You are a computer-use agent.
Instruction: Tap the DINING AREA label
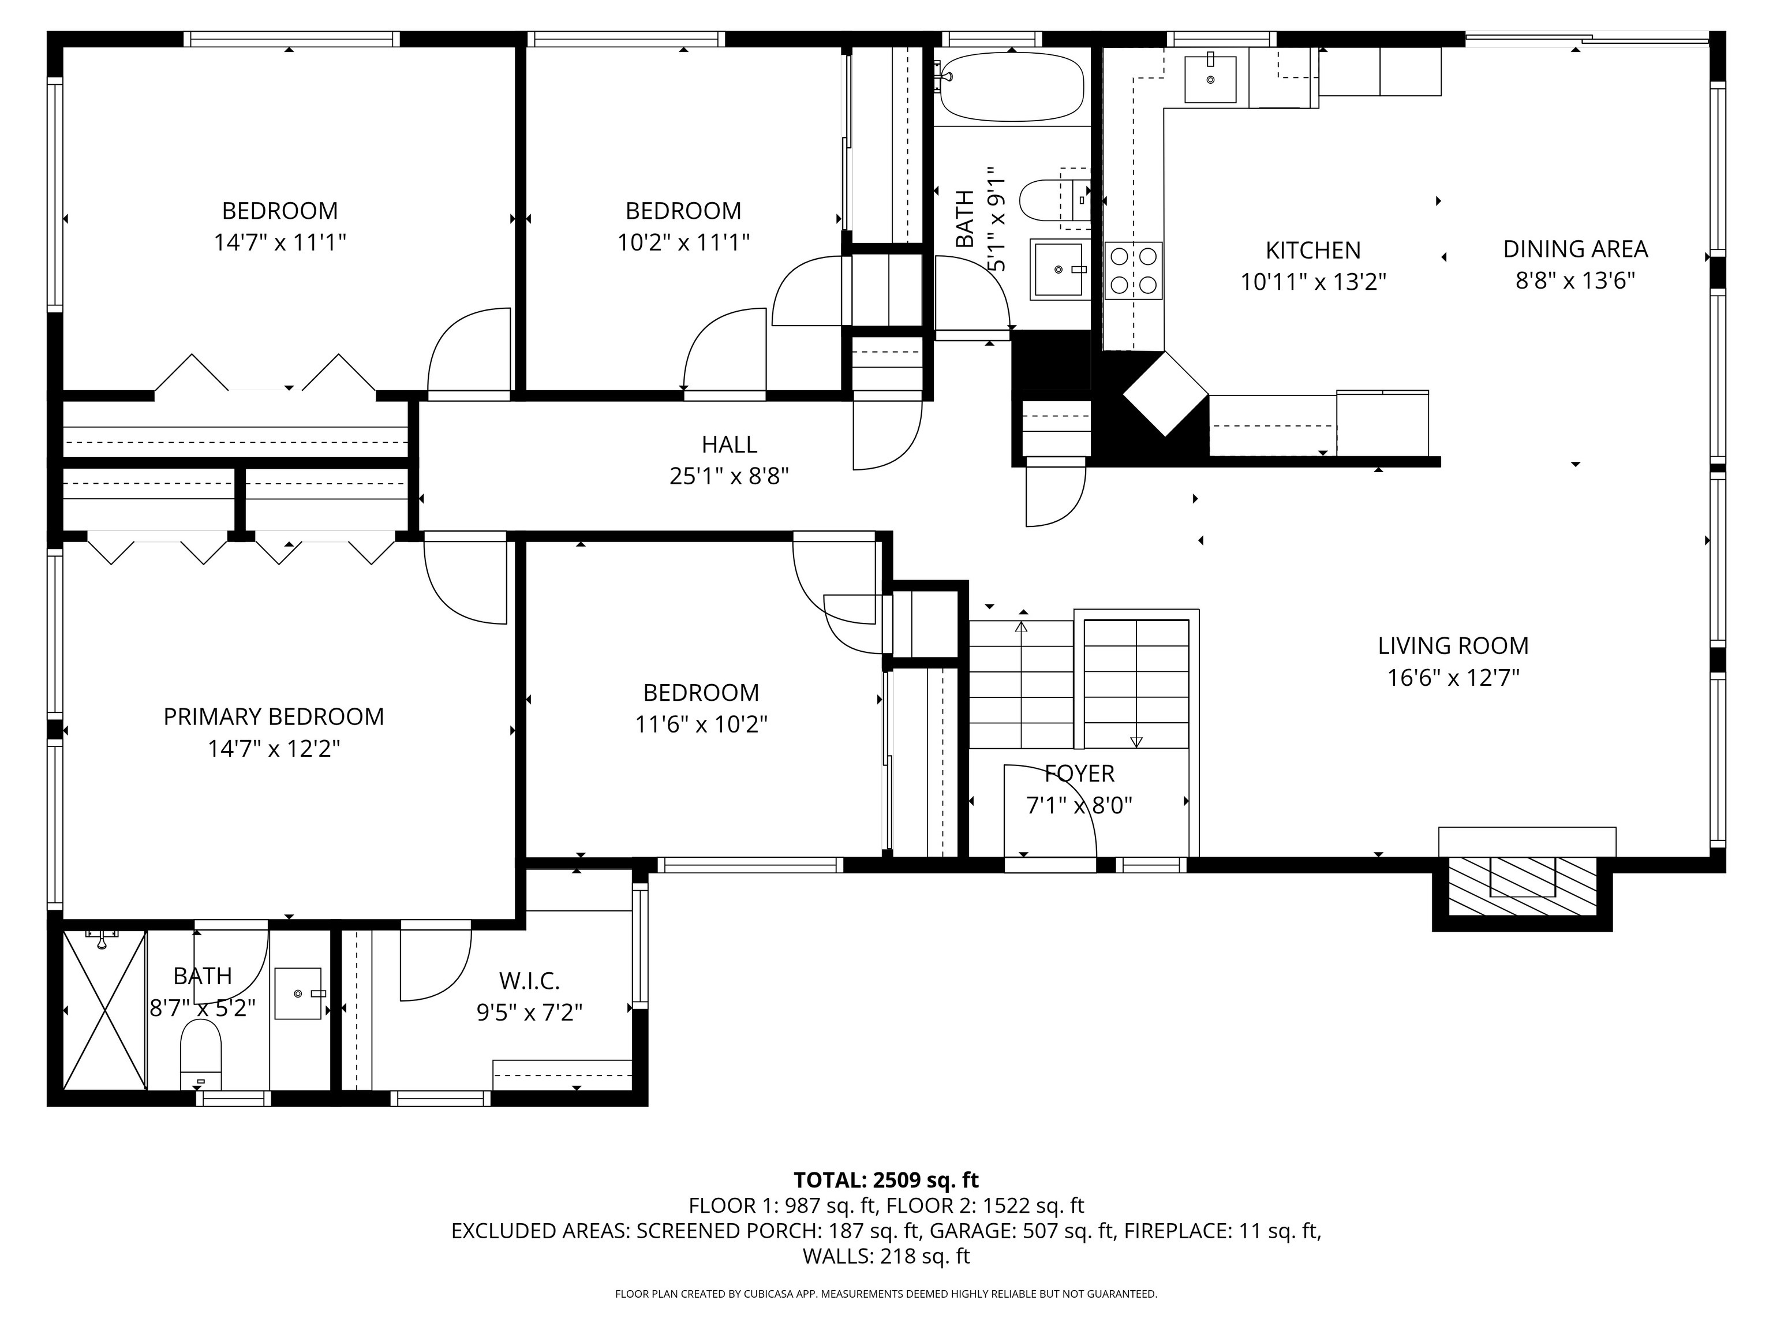(1574, 249)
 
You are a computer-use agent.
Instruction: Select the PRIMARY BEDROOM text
(274, 717)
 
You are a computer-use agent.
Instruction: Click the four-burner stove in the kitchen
(1132, 271)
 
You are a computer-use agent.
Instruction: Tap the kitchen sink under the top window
(1210, 79)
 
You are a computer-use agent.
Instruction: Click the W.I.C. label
(529, 980)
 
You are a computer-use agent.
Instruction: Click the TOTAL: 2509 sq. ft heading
(886, 1180)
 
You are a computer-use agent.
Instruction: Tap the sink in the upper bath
(1060, 270)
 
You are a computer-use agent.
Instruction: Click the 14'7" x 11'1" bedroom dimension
(280, 242)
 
